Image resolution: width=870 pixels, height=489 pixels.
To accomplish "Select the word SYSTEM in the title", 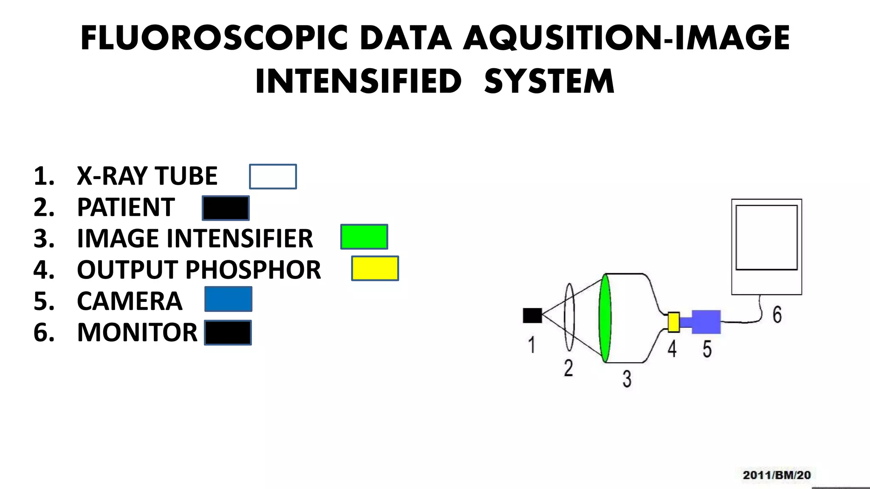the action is click(x=549, y=81).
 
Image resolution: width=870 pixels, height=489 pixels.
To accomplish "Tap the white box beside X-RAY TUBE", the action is click(x=273, y=177).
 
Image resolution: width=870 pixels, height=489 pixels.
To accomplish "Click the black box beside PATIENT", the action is click(x=226, y=208).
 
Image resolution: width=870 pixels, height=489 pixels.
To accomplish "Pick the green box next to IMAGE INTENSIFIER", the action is click(x=364, y=237).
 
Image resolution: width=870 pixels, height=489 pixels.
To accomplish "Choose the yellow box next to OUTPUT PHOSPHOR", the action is click(x=375, y=268).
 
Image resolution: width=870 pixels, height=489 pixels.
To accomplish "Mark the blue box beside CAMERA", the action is click(x=228, y=299).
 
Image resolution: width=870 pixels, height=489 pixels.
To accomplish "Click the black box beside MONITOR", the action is click(x=228, y=332).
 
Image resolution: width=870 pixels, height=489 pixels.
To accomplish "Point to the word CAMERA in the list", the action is click(x=130, y=301).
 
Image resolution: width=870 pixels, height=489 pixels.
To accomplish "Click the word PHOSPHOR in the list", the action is click(x=253, y=270).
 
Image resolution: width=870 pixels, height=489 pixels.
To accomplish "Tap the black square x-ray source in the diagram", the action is click(x=532, y=315).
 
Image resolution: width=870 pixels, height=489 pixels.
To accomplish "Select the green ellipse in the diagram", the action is click(x=605, y=318).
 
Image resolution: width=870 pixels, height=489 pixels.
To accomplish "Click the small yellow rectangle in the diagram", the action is click(x=673, y=322).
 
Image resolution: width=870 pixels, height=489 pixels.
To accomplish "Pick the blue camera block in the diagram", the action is click(x=706, y=322).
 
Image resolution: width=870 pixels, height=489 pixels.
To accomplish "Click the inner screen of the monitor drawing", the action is click(x=766, y=237).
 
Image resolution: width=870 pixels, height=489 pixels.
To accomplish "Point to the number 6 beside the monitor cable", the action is click(x=777, y=315).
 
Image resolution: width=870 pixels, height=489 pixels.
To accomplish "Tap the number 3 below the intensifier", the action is click(x=627, y=379).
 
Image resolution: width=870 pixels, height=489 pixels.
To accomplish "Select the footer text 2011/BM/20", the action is click(x=777, y=475).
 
